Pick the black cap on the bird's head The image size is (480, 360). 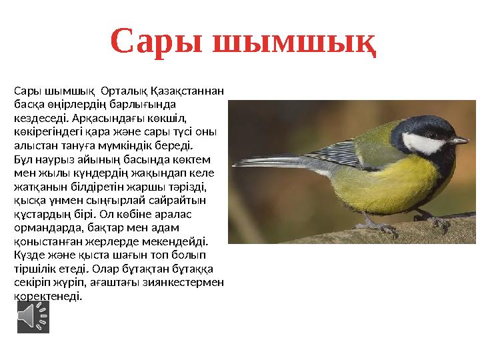pyautogui.click(x=421, y=124)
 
